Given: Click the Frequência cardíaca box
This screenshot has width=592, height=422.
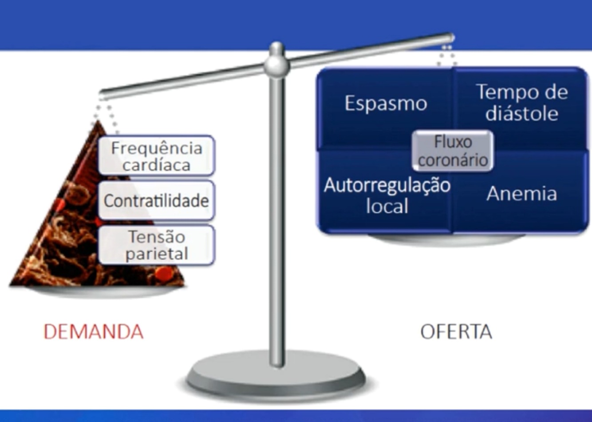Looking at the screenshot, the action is pyautogui.click(x=156, y=155).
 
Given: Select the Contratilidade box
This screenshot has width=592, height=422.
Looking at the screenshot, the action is pyautogui.click(x=156, y=201).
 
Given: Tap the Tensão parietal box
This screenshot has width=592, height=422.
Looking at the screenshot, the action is pyautogui.click(x=156, y=245).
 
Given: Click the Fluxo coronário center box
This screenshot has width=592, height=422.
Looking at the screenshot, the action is pyautogui.click(x=453, y=151).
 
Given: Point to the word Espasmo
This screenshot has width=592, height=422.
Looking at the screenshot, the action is pyautogui.click(x=386, y=104).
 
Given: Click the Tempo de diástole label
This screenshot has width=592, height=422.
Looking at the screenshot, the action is pyautogui.click(x=522, y=103).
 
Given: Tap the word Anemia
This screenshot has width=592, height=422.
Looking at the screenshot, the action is pyautogui.click(x=521, y=194).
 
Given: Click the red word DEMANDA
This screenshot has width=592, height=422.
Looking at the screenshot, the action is pyautogui.click(x=94, y=332).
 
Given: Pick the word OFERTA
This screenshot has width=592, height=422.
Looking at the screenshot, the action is pyautogui.click(x=456, y=332).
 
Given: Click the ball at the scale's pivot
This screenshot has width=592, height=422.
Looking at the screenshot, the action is pyautogui.click(x=276, y=66).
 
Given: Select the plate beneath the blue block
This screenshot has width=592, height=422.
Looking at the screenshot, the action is pyautogui.click(x=446, y=240).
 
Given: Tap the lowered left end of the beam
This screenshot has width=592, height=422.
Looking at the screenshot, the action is pyautogui.click(x=103, y=95).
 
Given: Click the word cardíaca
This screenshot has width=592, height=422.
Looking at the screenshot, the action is pyautogui.click(x=156, y=165).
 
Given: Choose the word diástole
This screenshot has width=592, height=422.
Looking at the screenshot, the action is pyautogui.click(x=522, y=114).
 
